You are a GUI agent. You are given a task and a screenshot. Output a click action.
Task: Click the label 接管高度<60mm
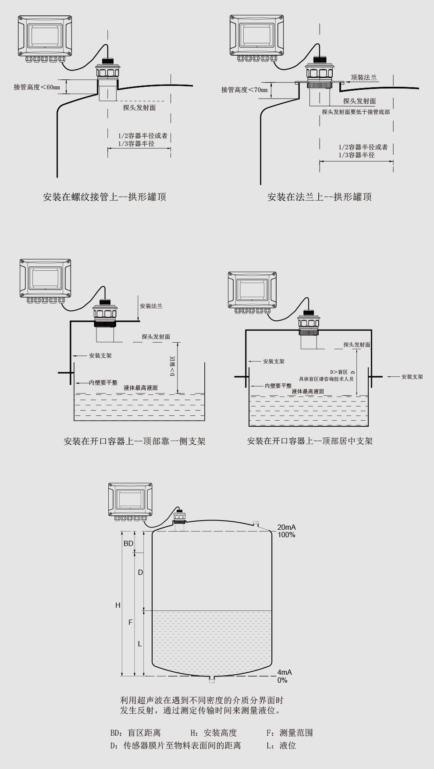(x=37, y=87)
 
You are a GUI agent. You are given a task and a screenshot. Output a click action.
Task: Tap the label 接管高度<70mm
(x=244, y=90)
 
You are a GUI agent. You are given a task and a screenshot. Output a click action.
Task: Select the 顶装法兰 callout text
(x=363, y=78)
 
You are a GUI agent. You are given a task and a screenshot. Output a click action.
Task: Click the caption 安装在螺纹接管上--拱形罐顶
(x=104, y=197)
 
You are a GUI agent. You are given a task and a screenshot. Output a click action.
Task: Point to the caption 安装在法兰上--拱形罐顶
(x=319, y=197)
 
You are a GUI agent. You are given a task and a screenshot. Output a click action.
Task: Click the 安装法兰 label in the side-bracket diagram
(x=151, y=306)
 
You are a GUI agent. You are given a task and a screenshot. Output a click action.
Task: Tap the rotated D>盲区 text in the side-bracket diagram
(x=172, y=367)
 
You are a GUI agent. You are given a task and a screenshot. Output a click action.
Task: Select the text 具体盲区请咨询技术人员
(x=326, y=379)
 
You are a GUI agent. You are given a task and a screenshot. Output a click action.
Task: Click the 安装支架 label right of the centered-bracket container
(x=412, y=376)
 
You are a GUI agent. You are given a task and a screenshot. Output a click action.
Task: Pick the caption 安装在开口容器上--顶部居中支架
(x=309, y=441)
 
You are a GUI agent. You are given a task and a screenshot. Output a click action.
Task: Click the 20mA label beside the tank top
(x=286, y=527)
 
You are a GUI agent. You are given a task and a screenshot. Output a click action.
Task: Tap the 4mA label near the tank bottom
(x=284, y=672)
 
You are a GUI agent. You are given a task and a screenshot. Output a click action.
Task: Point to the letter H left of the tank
(x=117, y=605)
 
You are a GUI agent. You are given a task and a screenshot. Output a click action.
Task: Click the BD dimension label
(x=128, y=543)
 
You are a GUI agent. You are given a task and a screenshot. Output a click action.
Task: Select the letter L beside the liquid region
(x=140, y=644)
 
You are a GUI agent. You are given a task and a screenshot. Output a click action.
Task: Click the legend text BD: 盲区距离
(x=135, y=733)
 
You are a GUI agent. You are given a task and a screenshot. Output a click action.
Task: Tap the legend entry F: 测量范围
(x=289, y=733)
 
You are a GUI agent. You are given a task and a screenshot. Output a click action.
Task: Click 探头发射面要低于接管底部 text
(x=356, y=112)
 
